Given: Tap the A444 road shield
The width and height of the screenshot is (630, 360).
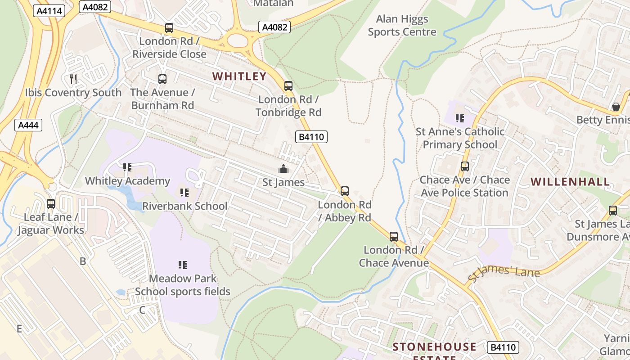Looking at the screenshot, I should pyautogui.click(x=28, y=125).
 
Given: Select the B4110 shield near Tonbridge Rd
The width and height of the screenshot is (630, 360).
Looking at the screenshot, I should pyautogui.click(x=311, y=137).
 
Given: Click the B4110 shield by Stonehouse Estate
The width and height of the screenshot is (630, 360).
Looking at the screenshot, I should pyautogui.click(x=503, y=347).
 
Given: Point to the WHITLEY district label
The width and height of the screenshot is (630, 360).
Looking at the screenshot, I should pyautogui.click(x=239, y=76).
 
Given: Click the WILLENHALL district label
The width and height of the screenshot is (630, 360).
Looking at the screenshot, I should pyautogui.click(x=570, y=182).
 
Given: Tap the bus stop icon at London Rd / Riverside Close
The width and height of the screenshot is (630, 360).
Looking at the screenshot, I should pyautogui.click(x=169, y=28).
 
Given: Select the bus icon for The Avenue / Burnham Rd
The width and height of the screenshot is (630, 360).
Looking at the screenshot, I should pyautogui.click(x=162, y=79).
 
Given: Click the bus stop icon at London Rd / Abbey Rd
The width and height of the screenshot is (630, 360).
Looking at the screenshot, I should pyautogui.click(x=345, y=191).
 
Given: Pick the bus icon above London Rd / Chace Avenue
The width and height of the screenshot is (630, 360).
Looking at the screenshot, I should pyautogui.click(x=394, y=237).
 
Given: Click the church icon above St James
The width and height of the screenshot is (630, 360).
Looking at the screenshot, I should pyautogui.click(x=283, y=169).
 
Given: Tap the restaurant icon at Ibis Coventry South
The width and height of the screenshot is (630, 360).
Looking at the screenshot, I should pyautogui.click(x=73, y=79).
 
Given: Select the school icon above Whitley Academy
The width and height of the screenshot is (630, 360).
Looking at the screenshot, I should pyautogui.click(x=127, y=167).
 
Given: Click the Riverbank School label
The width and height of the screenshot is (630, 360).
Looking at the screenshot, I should pyautogui.click(x=184, y=206).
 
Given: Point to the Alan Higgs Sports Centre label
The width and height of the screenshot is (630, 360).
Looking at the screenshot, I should pyautogui.click(x=402, y=26).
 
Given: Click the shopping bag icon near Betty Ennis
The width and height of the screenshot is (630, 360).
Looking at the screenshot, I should pyautogui.click(x=616, y=107).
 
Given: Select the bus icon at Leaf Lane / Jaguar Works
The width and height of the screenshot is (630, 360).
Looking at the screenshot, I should pyautogui.click(x=51, y=204).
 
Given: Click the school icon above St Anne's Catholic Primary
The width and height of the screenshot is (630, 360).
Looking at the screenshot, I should pyautogui.click(x=459, y=118).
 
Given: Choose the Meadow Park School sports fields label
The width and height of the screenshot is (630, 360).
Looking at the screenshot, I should pyautogui.click(x=183, y=285).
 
